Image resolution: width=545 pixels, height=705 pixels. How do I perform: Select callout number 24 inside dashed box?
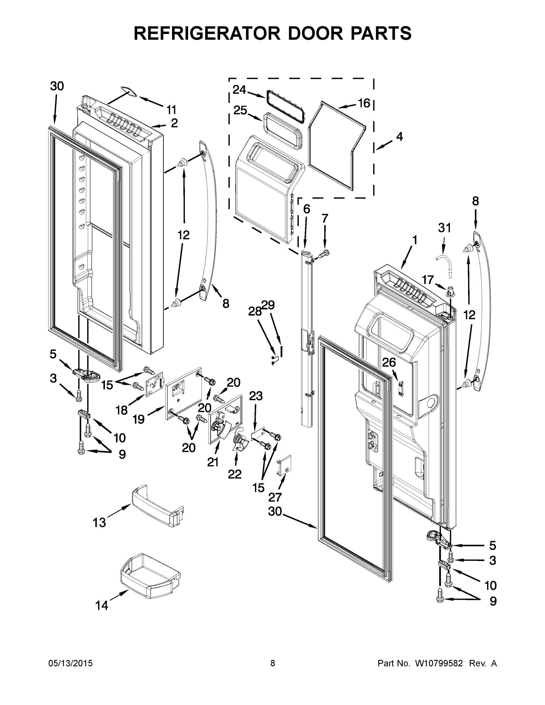coord(239,90)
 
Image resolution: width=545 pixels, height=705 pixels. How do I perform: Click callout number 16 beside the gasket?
coord(364,103)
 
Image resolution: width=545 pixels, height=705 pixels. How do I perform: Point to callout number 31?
coord(444,228)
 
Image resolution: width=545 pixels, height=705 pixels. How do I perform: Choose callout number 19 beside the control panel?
coord(138,420)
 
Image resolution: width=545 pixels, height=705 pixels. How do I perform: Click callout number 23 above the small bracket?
coord(256,396)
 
